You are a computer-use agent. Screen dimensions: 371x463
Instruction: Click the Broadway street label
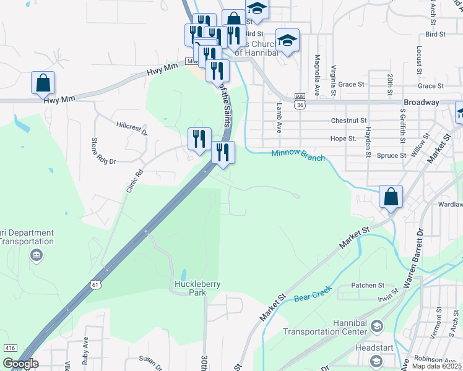(x=421, y=102)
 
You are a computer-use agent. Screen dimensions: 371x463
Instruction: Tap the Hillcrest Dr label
(x=132, y=128)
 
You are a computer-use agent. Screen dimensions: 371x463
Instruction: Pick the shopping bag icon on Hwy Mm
(x=43, y=83)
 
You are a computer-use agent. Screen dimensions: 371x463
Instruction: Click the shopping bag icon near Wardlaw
(x=391, y=197)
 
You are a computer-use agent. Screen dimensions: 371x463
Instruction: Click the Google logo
(x=20, y=364)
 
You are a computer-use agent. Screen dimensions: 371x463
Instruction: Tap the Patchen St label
(x=368, y=285)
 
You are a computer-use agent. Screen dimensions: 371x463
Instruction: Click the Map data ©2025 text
(x=436, y=366)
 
